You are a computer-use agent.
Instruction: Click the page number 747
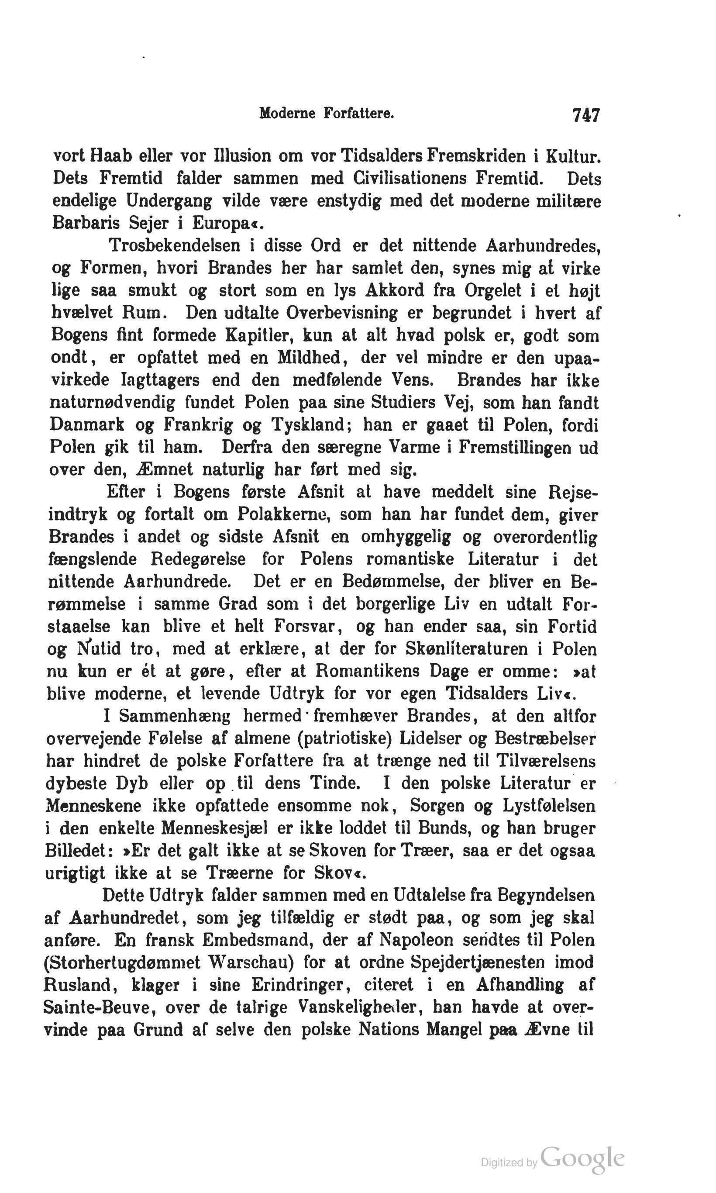pyautogui.click(x=585, y=115)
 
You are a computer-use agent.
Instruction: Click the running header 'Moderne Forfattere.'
pyautogui.click(x=327, y=114)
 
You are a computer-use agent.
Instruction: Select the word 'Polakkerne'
pyautogui.click(x=283, y=514)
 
